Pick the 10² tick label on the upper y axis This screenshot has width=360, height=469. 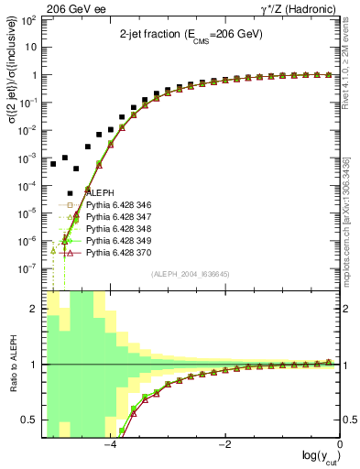click(x=30, y=20)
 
